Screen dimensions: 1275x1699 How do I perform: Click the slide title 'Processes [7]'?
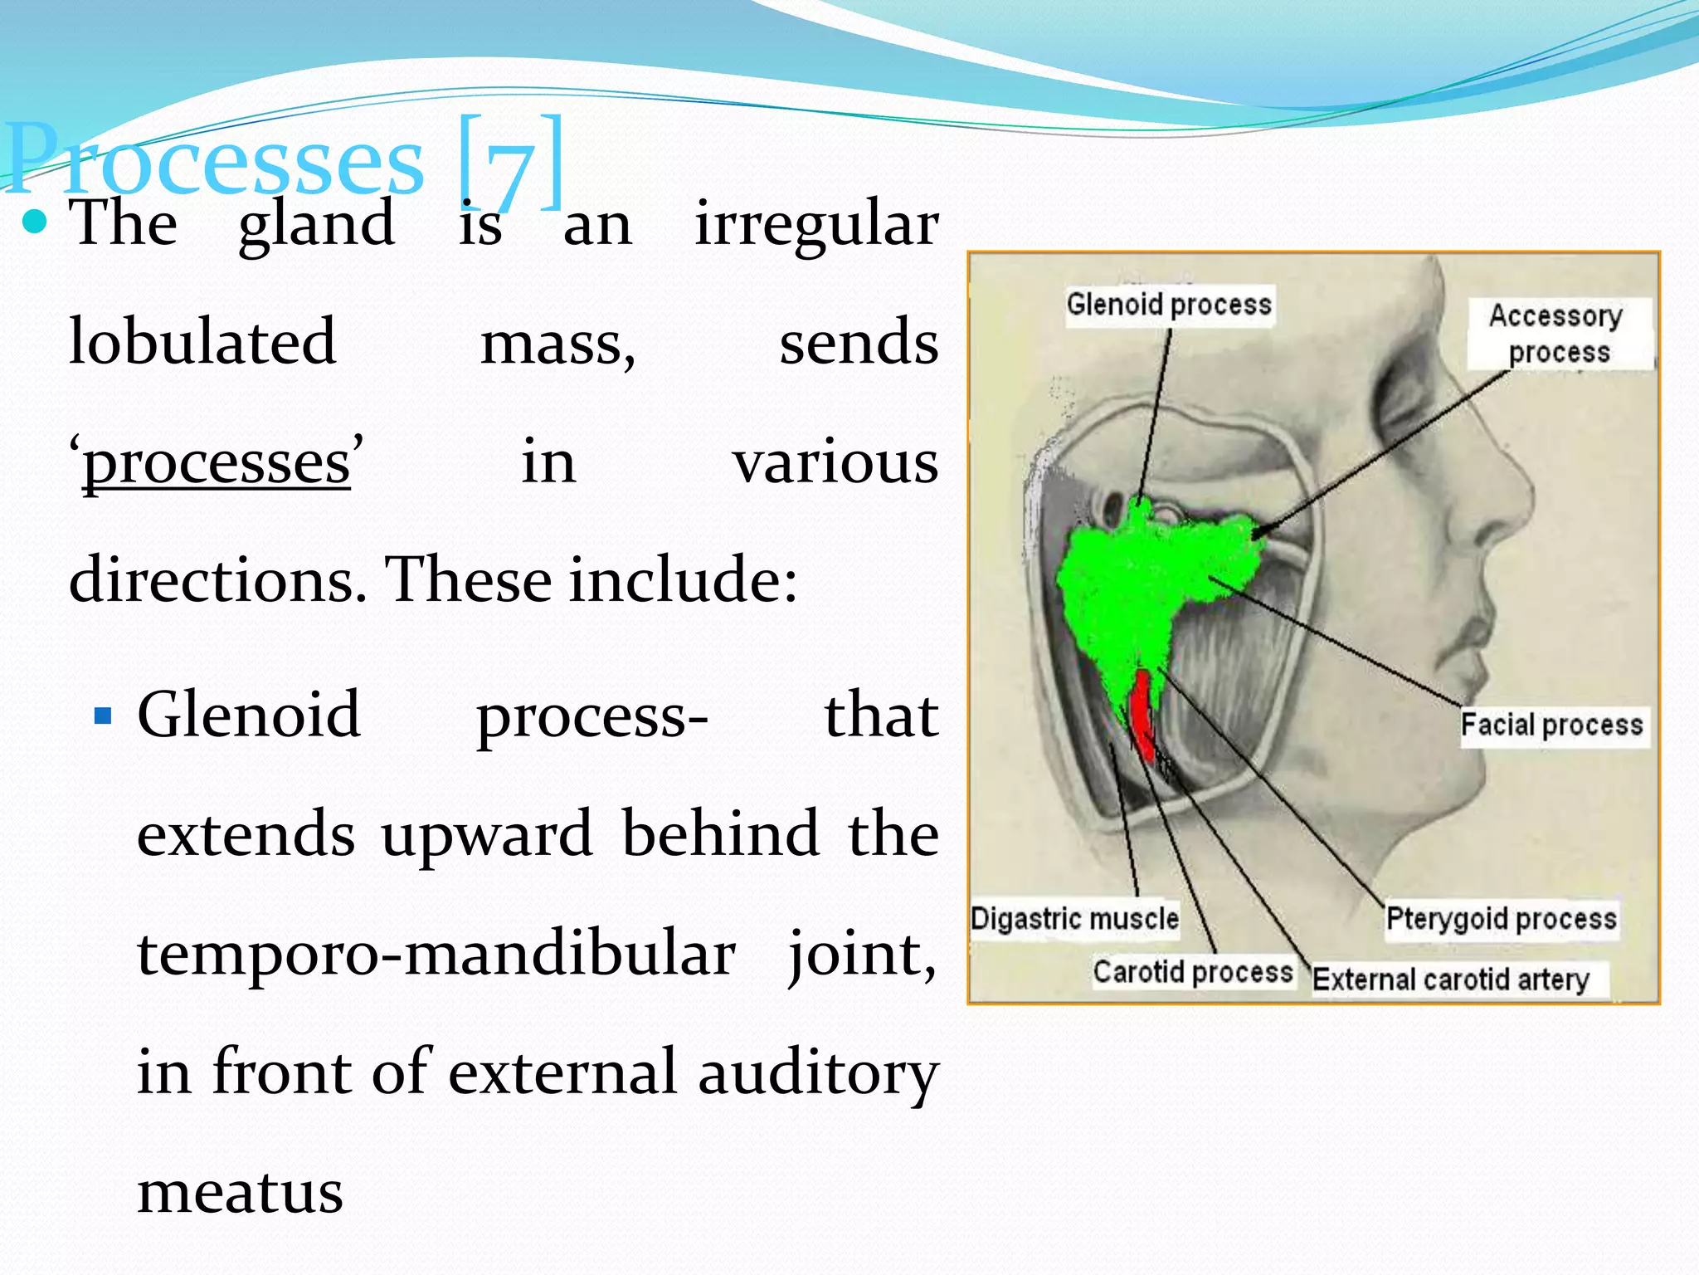282,162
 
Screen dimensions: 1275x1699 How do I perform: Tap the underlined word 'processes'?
217,463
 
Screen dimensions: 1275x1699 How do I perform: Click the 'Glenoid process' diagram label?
1168,305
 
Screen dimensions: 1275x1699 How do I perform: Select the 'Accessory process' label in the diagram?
1557,334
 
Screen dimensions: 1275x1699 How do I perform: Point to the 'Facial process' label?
1551,725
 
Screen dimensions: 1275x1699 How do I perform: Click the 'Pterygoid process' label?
1501,919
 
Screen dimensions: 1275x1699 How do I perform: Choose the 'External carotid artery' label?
1450,979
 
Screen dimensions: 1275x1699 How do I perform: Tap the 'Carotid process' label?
1192,971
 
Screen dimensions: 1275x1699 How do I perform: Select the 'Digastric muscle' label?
1074,919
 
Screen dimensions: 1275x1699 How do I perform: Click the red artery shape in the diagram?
1143,714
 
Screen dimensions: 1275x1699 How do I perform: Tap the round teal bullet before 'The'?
35,222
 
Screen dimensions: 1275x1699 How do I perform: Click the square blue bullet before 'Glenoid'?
103,716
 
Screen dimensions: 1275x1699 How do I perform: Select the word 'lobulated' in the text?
202,342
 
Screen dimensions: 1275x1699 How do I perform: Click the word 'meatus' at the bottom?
240,1192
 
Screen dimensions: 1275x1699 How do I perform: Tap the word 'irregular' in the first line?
816,224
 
